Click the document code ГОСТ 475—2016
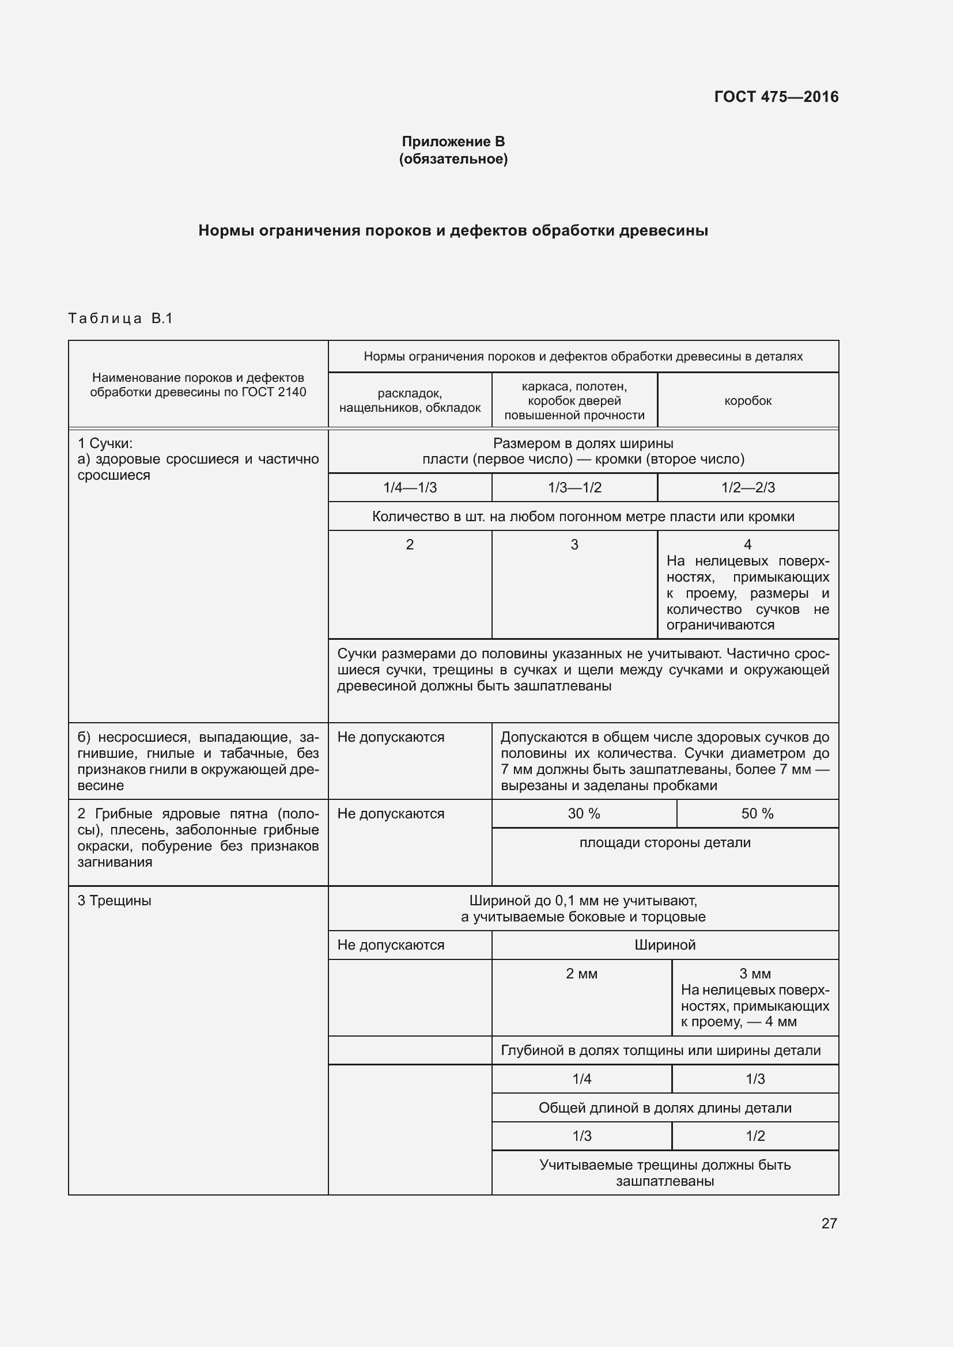pyautogui.click(x=776, y=97)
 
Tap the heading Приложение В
pyautogui.click(x=453, y=142)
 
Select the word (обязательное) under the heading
pyautogui.click(x=453, y=159)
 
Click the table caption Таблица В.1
pyautogui.click(x=120, y=318)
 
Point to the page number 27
pyautogui.click(x=829, y=1223)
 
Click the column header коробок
pyautogui.click(x=748, y=401)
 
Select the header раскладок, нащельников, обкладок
pyautogui.click(x=410, y=400)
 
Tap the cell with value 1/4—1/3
pyautogui.click(x=410, y=488)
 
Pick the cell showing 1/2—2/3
pyautogui.click(x=748, y=488)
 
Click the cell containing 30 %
pyautogui.click(x=583, y=814)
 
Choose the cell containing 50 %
pyautogui.click(x=757, y=814)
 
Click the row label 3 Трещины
pyautogui.click(x=115, y=901)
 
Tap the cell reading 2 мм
pyautogui.click(x=581, y=974)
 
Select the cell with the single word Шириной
pyautogui.click(x=664, y=945)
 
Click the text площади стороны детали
pyautogui.click(x=664, y=843)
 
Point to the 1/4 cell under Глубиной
pyautogui.click(x=581, y=1079)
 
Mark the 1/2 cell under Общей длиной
pyautogui.click(x=755, y=1136)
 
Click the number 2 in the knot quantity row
pyautogui.click(x=410, y=544)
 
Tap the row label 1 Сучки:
pyautogui.click(x=105, y=443)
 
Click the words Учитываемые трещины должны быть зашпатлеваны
pyautogui.click(x=664, y=1173)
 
